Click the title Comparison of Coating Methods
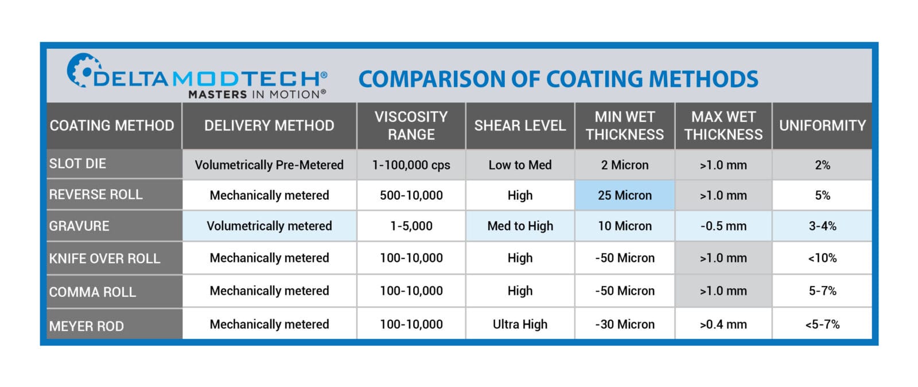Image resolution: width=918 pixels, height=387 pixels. [x=558, y=79]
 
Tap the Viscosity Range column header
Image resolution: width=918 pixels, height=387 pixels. [x=411, y=126]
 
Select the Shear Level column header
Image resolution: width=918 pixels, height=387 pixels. [x=520, y=126]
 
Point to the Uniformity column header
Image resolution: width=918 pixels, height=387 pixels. [x=822, y=126]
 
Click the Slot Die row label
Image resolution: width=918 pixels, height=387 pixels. [x=77, y=164]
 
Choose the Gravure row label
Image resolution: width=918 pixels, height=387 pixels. [x=79, y=226]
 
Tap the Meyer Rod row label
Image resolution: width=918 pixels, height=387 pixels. [x=87, y=326]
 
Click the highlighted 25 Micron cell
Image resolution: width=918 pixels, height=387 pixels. [x=624, y=195]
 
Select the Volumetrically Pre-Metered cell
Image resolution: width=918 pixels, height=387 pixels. [x=269, y=165]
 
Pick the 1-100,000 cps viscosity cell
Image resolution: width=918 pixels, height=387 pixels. [x=411, y=165]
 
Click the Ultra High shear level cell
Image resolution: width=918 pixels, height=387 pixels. [x=520, y=324]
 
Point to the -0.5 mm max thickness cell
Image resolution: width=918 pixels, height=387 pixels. [x=723, y=226]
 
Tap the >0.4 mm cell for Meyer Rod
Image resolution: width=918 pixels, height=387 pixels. [x=723, y=324]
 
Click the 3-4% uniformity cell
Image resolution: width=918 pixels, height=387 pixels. [x=822, y=226]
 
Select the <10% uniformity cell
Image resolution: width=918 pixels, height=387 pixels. [x=822, y=258]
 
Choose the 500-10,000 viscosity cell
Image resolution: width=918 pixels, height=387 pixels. [x=411, y=195]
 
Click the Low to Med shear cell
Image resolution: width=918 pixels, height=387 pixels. [x=520, y=165]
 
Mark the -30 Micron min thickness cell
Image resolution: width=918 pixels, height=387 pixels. [x=624, y=324]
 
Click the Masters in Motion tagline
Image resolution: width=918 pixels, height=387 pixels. [x=257, y=94]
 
